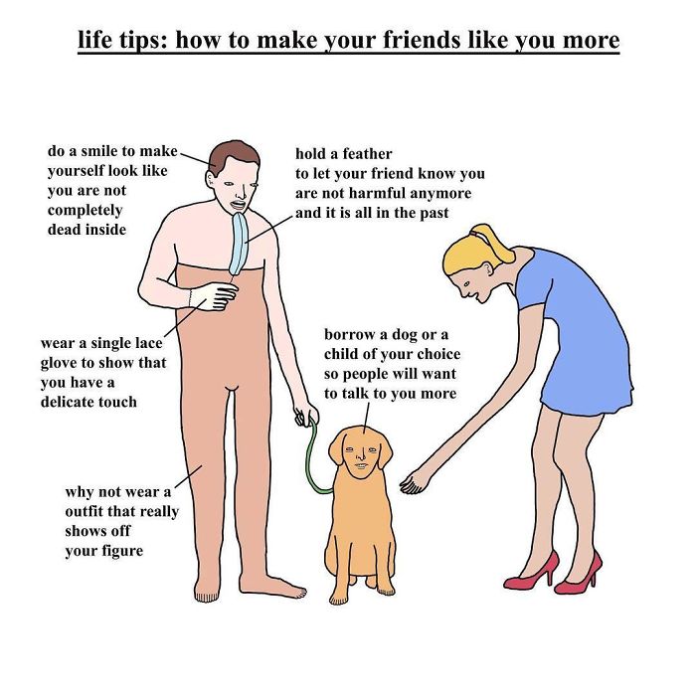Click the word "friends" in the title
pyautogui.click(x=423, y=40)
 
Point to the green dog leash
pyautogui.click(x=314, y=457)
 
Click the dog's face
pyautogui.click(x=361, y=455)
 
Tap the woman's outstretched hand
pyautogui.click(x=413, y=484)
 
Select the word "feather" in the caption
pyautogui.click(x=368, y=154)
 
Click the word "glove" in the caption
pyautogui.click(x=59, y=364)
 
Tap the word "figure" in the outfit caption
pyautogui.click(x=122, y=551)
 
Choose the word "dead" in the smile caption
pyautogui.click(x=65, y=230)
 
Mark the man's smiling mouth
pyautogui.click(x=237, y=206)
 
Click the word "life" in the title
pyautogui.click(x=94, y=40)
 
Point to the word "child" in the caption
pyautogui.click(x=341, y=354)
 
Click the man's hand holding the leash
pyautogui.click(x=305, y=414)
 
